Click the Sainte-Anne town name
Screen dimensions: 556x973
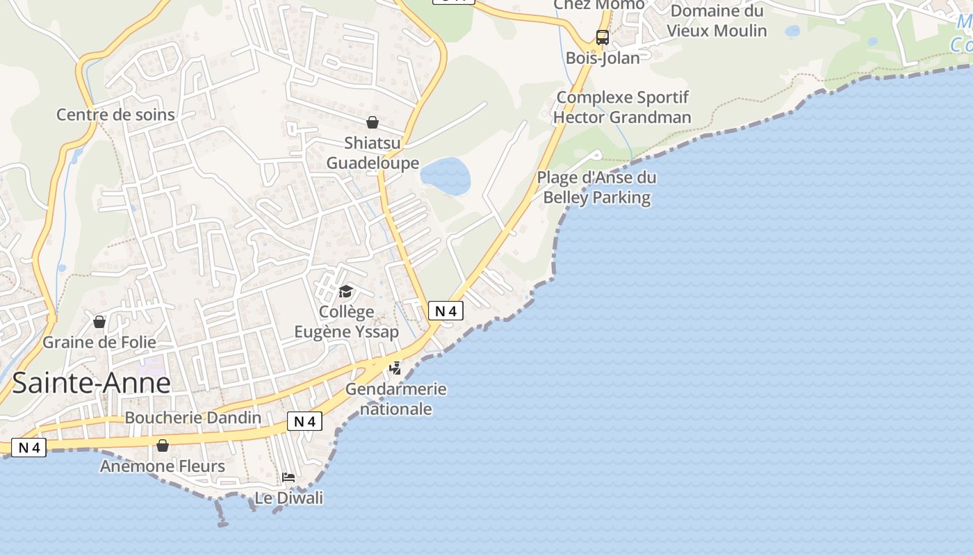click(x=91, y=383)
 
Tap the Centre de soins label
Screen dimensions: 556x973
click(x=115, y=115)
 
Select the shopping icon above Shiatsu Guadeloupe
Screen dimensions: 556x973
click(x=373, y=122)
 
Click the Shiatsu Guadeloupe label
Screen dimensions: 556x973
click(x=373, y=154)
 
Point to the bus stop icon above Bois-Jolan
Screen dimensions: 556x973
click(x=602, y=37)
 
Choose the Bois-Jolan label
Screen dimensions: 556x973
click(x=602, y=58)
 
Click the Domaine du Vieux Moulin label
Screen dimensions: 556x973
click(x=717, y=21)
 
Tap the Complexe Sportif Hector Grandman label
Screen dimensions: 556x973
click(x=622, y=107)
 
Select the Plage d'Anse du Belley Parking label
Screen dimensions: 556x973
click(x=596, y=188)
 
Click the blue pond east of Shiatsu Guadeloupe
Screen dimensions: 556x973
click(x=445, y=176)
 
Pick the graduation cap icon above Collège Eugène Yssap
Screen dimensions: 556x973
click(x=345, y=291)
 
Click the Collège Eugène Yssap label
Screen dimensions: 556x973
click(x=346, y=322)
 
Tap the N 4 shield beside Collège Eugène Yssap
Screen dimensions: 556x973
click(x=445, y=311)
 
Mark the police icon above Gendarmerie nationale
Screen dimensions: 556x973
click(x=395, y=368)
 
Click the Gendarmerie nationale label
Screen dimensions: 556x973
click(x=395, y=399)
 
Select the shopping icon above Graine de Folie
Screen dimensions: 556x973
click(x=99, y=322)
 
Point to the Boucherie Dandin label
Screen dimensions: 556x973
click(x=193, y=418)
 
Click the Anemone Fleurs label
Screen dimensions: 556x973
click(x=163, y=466)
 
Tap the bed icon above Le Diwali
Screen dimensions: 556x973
click(x=288, y=477)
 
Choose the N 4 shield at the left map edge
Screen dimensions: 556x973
click(x=28, y=448)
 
